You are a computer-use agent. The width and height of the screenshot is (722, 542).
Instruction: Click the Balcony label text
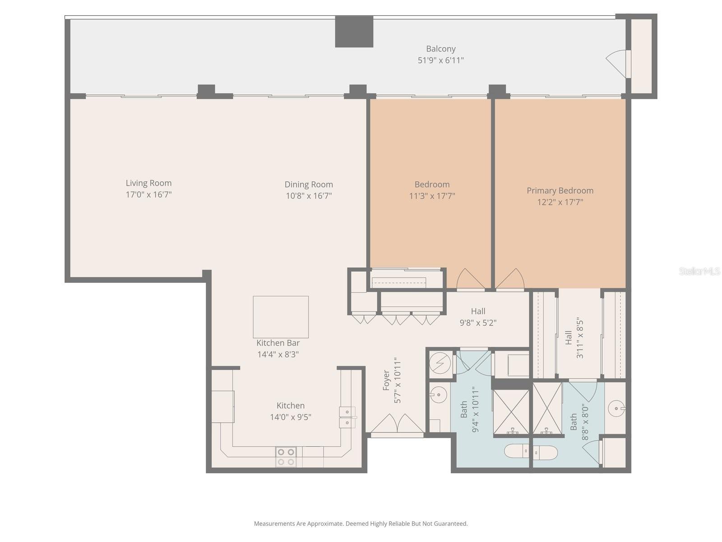[x=440, y=49]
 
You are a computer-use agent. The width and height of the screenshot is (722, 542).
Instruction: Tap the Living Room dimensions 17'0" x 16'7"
[x=148, y=195]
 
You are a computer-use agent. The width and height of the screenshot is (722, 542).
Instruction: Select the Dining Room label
[x=309, y=184]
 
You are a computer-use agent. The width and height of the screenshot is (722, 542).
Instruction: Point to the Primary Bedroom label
[x=560, y=191]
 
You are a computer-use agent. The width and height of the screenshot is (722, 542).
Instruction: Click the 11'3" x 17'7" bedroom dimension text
[x=432, y=196]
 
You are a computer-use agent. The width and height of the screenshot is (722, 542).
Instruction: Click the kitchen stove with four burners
[x=286, y=457]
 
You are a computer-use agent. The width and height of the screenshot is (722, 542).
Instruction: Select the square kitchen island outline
[x=281, y=317]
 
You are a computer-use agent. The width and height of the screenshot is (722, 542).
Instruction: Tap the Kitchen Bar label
[x=278, y=343]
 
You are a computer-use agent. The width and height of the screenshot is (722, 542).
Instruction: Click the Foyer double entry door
[x=397, y=425]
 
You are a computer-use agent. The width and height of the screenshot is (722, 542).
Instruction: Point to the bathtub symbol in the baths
[x=531, y=451]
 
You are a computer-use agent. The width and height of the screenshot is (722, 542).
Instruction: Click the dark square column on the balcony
[x=354, y=32]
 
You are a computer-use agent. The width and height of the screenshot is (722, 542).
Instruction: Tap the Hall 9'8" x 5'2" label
[x=478, y=317]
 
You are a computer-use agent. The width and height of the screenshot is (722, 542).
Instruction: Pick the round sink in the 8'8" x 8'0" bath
[x=616, y=409]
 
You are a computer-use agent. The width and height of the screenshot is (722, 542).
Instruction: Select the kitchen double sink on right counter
[x=347, y=417]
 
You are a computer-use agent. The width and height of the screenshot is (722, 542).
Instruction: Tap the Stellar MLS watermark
[x=699, y=271]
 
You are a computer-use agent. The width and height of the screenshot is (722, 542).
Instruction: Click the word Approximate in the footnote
[x=325, y=524]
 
